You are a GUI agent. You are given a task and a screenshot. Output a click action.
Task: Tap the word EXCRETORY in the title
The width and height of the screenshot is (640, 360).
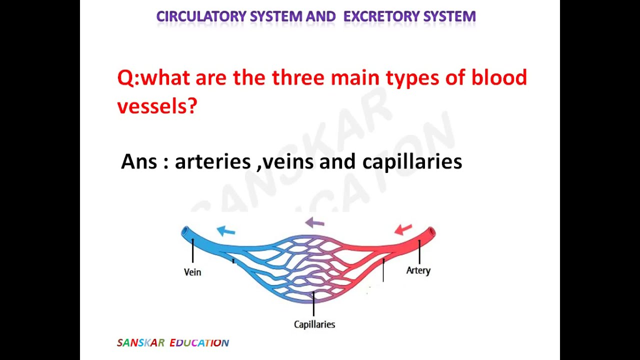click(381, 16)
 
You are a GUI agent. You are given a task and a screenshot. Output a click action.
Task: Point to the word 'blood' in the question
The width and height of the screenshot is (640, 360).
click(498, 78)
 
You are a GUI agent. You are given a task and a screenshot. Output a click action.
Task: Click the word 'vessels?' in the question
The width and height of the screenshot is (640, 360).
click(157, 106)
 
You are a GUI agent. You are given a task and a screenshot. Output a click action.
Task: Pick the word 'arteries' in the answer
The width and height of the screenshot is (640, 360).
click(212, 161)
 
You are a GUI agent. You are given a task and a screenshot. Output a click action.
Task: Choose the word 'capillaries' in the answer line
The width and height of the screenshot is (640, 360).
click(412, 162)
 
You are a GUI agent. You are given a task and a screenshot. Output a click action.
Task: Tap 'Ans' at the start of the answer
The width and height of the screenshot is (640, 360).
click(139, 161)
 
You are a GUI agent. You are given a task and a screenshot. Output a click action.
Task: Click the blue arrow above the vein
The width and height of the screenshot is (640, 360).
click(226, 230)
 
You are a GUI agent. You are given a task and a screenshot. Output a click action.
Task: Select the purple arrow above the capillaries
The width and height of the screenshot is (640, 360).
click(314, 222)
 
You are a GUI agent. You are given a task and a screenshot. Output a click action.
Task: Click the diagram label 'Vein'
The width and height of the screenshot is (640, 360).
click(192, 272)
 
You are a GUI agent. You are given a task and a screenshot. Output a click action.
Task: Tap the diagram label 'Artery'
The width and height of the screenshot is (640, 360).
click(418, 270)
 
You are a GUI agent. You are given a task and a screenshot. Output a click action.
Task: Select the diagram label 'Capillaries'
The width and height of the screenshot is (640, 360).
click(314, 324)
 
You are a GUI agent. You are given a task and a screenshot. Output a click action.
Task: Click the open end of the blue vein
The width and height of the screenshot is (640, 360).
click(185, 231)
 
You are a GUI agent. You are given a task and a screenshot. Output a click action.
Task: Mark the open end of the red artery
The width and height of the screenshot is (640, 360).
click(431, 231)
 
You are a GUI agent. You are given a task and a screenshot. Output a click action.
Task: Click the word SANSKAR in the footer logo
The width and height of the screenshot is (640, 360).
click(140, 343)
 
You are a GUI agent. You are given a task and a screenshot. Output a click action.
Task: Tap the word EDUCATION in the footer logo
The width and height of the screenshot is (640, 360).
click(199, 343)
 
